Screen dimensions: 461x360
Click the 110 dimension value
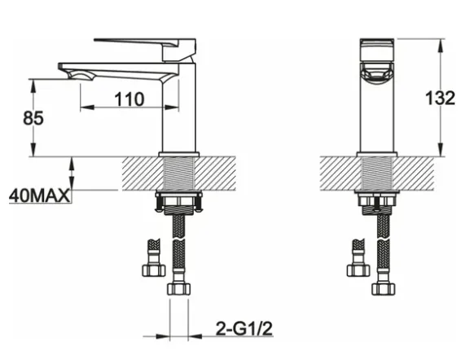(x=130, y=99)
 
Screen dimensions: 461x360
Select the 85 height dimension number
(x=33, y=118)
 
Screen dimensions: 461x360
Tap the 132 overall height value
(x=440, y=98)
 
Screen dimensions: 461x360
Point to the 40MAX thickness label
(x=40, y=195)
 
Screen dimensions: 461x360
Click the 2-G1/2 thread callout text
(x=244, y=328)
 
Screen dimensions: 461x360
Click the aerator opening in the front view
(x=377, y=74)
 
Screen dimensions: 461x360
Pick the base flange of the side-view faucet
(x=178, y=155)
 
